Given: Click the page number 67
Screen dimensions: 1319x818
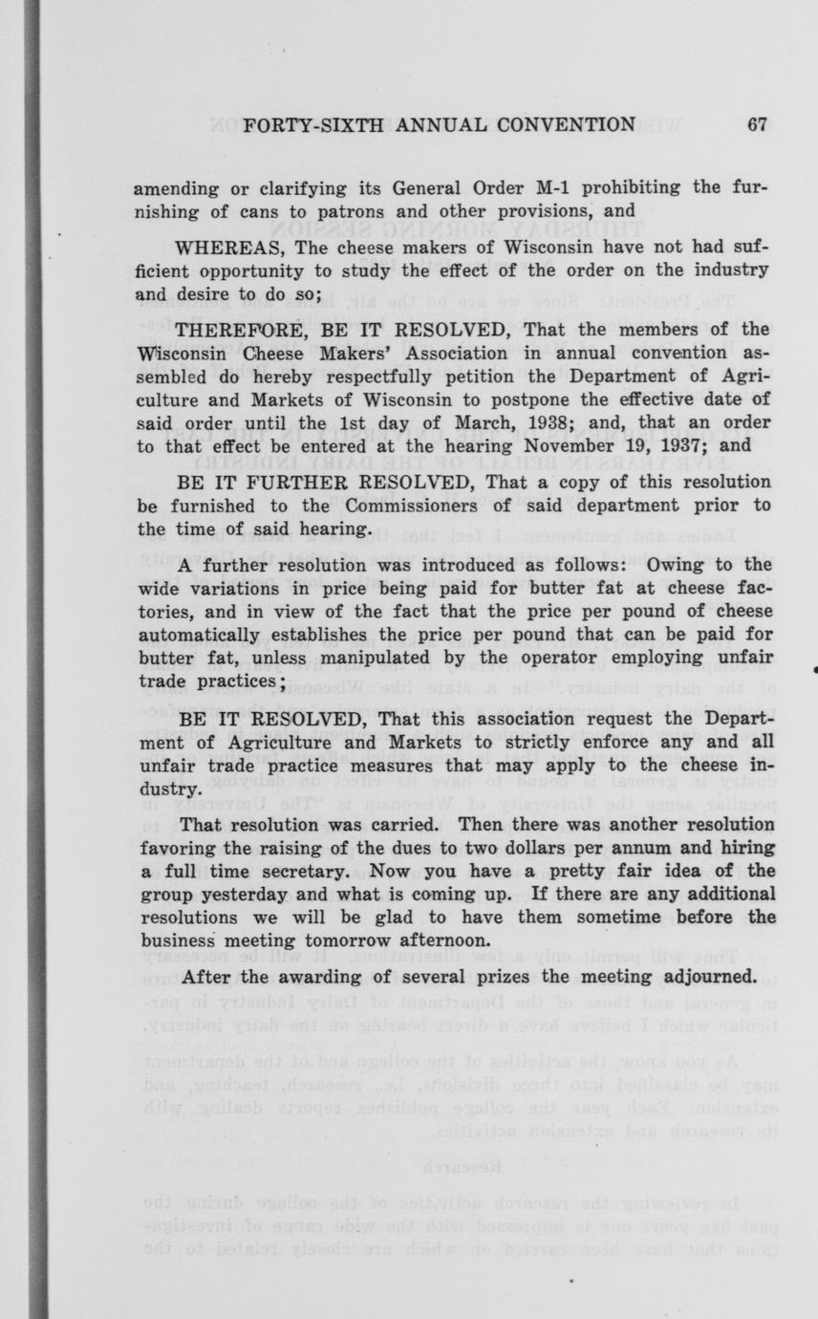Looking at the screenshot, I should click(759, 124).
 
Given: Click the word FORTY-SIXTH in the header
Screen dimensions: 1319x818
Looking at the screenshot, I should click(303, 124).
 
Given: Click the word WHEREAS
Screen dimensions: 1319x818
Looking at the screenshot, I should click(228, 249).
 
